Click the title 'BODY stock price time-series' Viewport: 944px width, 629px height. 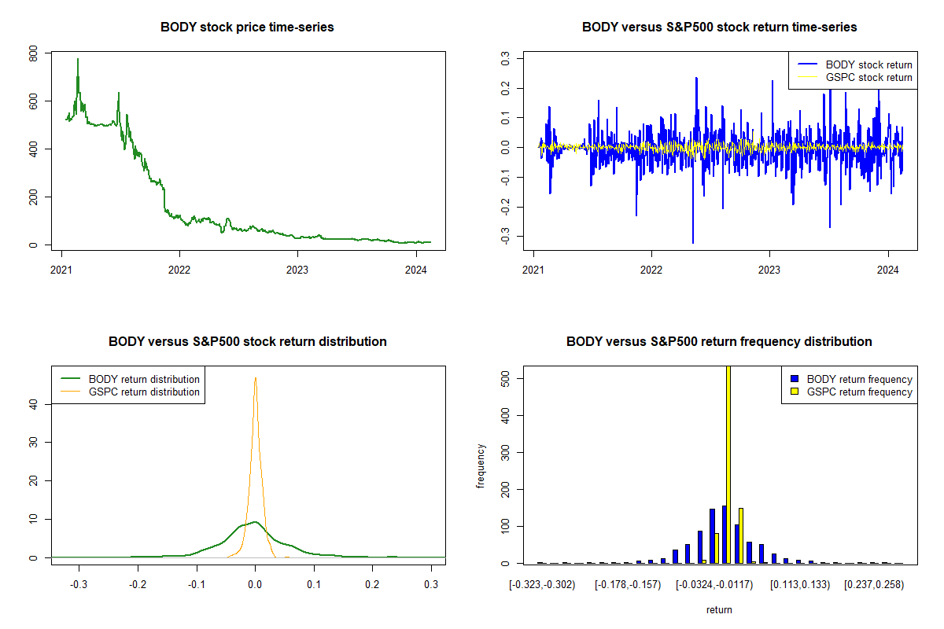[x=247, y=27]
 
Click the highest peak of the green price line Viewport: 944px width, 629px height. [x=77, y=59]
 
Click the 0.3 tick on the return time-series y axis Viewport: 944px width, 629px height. [x=506, y=58]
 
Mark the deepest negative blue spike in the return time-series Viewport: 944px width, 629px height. [x=693, y=242]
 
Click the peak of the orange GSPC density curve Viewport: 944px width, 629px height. [x=255, y=377]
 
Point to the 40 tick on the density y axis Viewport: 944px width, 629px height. [x=34, y=403]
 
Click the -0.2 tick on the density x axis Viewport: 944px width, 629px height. [x=138, y=585]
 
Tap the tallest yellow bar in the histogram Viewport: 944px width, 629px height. [x=728, y=464]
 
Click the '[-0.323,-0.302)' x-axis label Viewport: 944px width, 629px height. [x=542, y=585]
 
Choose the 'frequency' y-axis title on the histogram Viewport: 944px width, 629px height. [x=481, y=466]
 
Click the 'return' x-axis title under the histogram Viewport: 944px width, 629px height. [x=719, y=609]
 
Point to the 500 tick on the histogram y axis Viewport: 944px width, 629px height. [x=506, y=379]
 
